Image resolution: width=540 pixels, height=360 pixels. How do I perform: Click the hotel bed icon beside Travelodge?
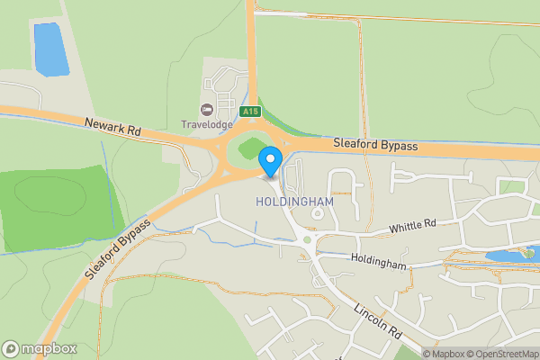[x=206, y=110]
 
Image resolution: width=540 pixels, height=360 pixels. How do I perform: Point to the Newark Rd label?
[x=114, y=128]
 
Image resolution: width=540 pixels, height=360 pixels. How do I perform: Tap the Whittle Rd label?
[x=412, y=228]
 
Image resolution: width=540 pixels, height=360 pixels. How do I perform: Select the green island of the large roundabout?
[x=248, y=151]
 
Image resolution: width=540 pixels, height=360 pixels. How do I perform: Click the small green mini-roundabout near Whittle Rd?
[x=307, y=239]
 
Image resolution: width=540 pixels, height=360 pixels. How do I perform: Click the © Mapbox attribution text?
[x=441, y=354]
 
